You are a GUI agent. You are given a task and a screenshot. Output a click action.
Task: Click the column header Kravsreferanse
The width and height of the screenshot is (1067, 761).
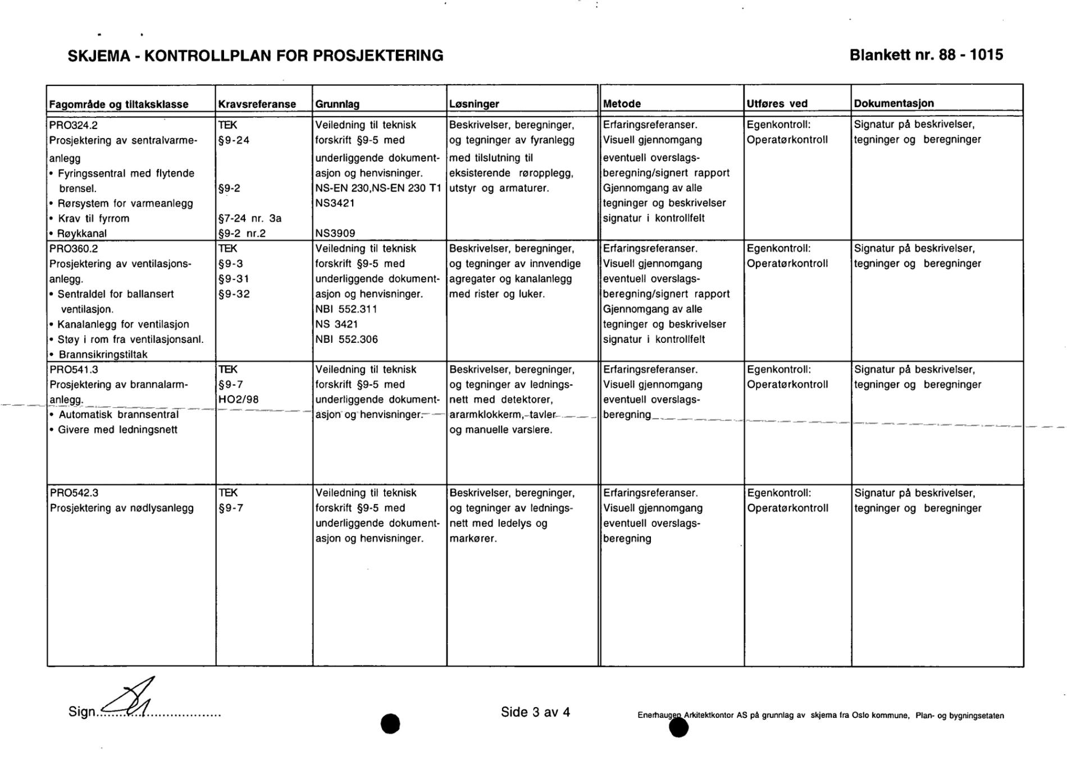pyautogui.click(x=257, y=104)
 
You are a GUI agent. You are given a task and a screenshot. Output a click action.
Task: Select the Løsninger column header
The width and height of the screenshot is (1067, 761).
pyautogui.click(x=474, y=104)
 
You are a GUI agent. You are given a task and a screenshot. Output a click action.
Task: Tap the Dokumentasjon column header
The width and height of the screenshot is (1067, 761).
pyautogui.click(x=894, y=103)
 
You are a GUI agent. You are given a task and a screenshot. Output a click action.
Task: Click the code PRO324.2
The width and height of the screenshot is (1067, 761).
pyautogui.click(x=74, y=125)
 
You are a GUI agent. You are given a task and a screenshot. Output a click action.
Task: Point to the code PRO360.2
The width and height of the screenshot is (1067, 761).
pyautogui.click(x=74, y=249)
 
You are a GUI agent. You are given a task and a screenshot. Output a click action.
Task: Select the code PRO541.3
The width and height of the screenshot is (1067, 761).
pyautogui.click(x=74, y=370)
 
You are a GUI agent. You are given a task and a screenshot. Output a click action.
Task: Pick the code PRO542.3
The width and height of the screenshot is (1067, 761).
pyautogui.click(x=74, y=493)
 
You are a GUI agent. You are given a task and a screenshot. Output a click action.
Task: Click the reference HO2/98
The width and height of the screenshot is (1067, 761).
pyautogui.click(x=239, y=400)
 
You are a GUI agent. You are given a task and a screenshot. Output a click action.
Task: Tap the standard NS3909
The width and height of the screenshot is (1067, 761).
pyautogui.click(x=335, y=233)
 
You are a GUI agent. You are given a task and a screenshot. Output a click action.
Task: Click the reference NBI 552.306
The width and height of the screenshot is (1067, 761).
pyautogui.click(x=346, y=340)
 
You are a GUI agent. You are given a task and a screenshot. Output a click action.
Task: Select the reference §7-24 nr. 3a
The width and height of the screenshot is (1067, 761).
pyautogui.click(x=250, y=218)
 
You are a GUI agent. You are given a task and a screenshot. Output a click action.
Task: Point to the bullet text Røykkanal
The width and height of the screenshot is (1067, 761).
pyautogui.click(x=82, y=233)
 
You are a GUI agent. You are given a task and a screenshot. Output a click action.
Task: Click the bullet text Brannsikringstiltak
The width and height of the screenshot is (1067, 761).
pyautogui.click(x=103, y=355)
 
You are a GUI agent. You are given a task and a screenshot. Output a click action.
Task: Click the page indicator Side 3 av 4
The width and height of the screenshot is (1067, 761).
pyautogui.click(x=535, y=712)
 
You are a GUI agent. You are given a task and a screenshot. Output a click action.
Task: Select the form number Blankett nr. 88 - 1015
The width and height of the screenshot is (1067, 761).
pyautogui.click(x=926, y=55)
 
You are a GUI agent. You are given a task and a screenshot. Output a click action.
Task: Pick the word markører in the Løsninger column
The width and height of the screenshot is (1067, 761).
pyautogui.click(x=473, y=539)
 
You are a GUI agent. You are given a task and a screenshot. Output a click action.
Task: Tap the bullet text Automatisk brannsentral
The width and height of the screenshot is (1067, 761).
pyautogui.click(x=118, y=415)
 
